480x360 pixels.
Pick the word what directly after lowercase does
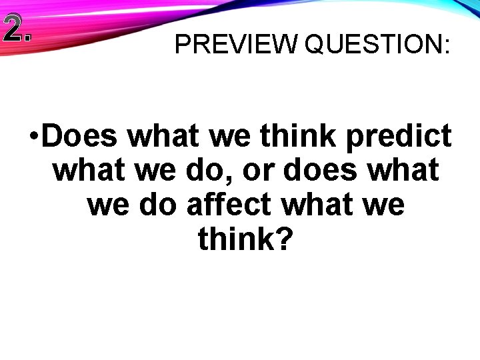tap(405, 170)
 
